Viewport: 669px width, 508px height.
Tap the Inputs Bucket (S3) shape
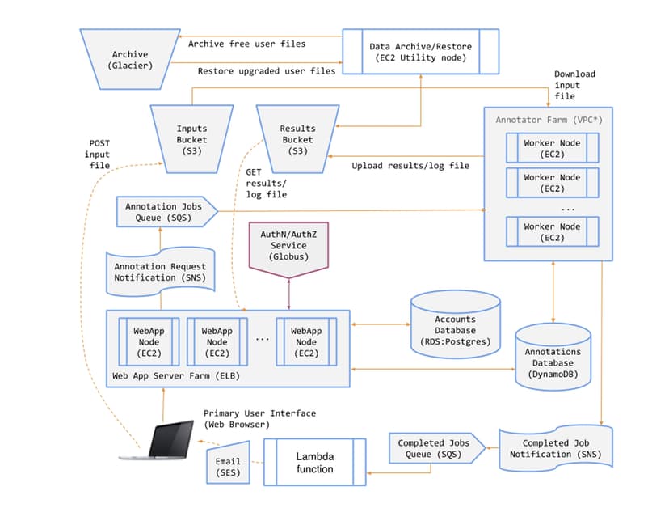tap(191, 138)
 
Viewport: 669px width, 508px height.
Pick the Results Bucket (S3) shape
tap(297, 138)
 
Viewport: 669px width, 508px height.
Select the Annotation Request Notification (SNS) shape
tap(160, 272)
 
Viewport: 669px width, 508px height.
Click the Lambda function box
tap(313, 463)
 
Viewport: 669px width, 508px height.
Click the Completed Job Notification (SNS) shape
tap(555, 448)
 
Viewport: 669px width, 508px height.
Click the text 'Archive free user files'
tap(246, 44)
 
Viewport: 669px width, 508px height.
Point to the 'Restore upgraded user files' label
tap(266, 71)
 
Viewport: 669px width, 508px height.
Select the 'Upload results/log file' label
tap(410, 166)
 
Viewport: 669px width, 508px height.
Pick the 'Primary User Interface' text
tap(259, 413)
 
